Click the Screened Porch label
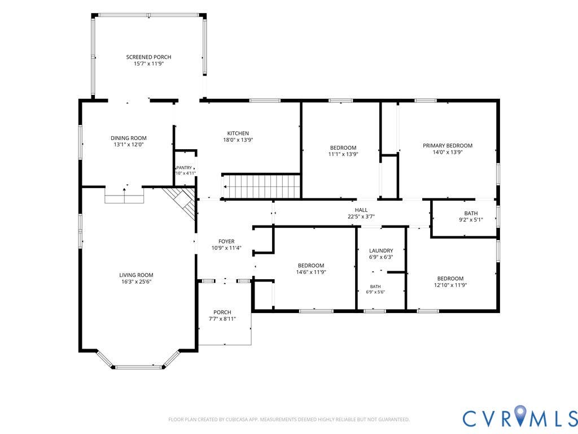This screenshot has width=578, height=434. pos(148,57)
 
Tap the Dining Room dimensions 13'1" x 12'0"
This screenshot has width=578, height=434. pos(128,145)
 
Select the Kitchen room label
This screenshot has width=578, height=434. pos(238,133)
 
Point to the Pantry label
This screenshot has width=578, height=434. pos(184,167)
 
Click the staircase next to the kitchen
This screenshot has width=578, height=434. pos(262,186)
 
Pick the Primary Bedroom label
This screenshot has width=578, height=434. pos(448,145)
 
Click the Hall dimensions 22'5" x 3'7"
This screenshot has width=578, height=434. pos(361,216)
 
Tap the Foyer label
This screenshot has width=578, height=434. pos(226,241)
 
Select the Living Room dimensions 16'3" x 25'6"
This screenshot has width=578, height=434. pos(136,281)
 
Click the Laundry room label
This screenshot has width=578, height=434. pos(381,250)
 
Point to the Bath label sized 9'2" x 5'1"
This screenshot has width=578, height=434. pos(471,213)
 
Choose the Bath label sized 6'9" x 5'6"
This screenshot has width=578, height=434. pos(375,287)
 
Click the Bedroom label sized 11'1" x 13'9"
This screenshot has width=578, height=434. pos(343,147)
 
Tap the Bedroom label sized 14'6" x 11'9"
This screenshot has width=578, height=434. pos(311,266)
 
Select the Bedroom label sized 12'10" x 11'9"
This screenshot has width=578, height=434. pos(450,279)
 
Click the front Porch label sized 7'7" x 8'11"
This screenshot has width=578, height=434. pos(222,312)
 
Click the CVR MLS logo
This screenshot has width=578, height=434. pos(520,418)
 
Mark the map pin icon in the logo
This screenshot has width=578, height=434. pos(520,414)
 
